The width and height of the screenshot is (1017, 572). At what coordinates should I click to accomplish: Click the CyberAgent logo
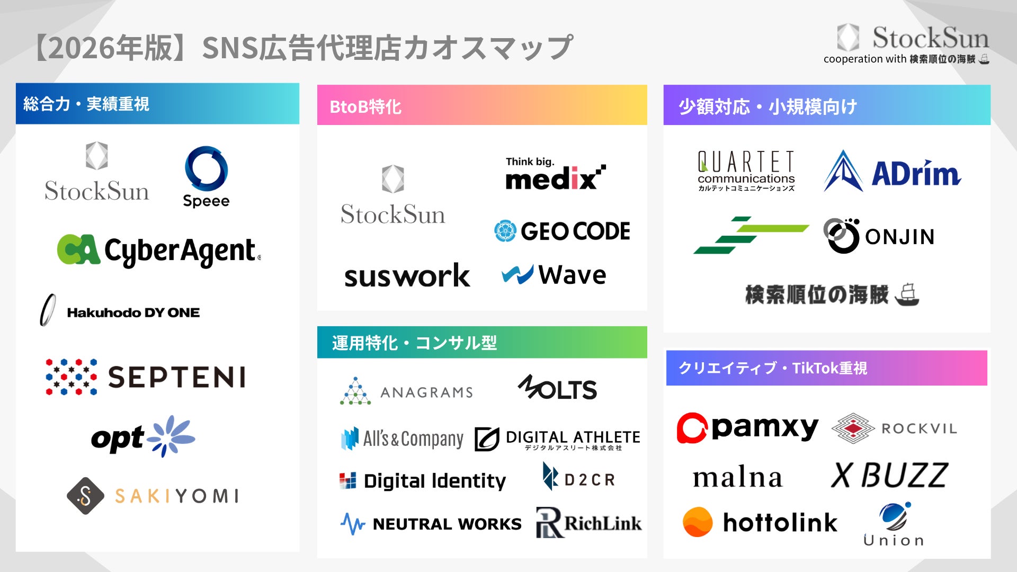pyautogui.click(x=159, y=250)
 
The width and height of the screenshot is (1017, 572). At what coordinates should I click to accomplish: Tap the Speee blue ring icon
pyautogui.click(x=206, y=168)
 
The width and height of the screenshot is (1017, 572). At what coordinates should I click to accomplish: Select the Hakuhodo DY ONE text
pyautogui.click(x=133, y=312)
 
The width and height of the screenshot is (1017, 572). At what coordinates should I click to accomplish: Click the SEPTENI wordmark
pyautogui.click(x=177, y=377)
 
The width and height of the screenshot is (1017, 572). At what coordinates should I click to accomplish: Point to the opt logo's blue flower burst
pyautogui.click(x=171, y=436)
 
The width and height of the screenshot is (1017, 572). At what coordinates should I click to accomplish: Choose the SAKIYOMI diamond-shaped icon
pyautogui.click(x=85, y=496)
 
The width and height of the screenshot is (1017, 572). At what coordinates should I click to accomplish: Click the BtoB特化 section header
pyautogui.click(x=481, y=105)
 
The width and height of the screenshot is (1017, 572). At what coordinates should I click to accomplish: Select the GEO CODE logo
pyautogui.click(x=562, y=231)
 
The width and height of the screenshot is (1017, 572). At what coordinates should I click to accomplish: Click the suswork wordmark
pyautogui.click(x=407, y=276)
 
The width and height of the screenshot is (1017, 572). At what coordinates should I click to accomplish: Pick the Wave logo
pyautogui.click(x=554, y=274)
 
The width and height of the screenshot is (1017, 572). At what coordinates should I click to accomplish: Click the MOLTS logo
pyautogui.click(x=557, y=388)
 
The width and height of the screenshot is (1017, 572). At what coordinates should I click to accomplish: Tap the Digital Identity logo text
pyautogui.click(x=434, y=480)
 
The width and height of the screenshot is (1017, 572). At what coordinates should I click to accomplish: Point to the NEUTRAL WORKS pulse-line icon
pyautogui.click(x=352, y=524)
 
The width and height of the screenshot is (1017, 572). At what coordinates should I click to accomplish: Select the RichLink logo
pyautogui.click(x=588, y=523)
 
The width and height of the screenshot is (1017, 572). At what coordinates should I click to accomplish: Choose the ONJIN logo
pyautogui.click(x=879, y=236)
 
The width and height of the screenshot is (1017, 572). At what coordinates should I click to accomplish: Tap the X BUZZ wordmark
pyautogui.click(x=889, y=475)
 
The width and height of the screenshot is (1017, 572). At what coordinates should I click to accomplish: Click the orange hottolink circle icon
pyautogui.click(x=698, y=522)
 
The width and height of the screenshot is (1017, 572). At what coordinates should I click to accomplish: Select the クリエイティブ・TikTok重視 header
pyautogui.click(x=826, y=368)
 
